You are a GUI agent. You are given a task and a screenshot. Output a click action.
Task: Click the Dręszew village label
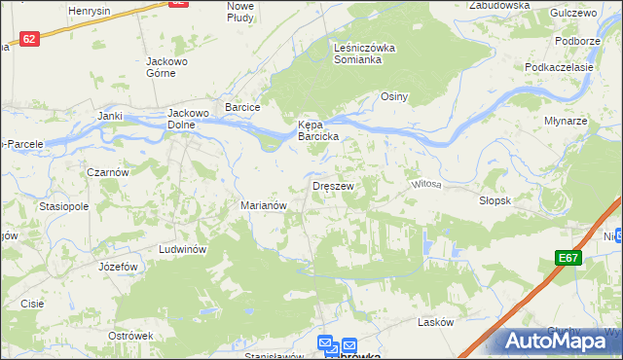pyautogui.click(x=333, y=185)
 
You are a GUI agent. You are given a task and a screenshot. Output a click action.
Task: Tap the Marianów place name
pyautogui.click(x=263, y=205)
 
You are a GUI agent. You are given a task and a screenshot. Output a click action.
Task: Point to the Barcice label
pyautogui.click(x=243, y=107)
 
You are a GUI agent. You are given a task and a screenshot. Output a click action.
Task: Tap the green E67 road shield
pyautogui.click(x=569, y=258)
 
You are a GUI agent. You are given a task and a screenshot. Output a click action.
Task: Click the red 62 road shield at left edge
pyautogui.click(x=29, y=39)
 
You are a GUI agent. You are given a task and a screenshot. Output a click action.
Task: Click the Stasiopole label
pyautogui.click(x=64, y=206)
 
